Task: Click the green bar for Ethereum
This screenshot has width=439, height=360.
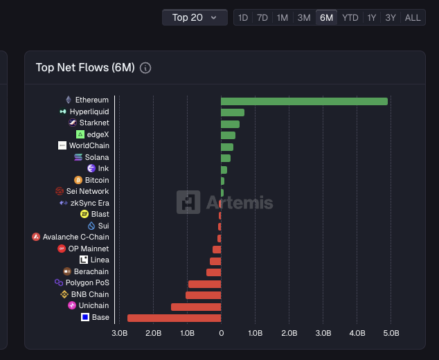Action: (x=304, y=101)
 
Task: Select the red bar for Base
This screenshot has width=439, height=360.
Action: (x=174, y=318)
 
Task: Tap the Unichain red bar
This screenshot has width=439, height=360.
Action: (x=196, y=307)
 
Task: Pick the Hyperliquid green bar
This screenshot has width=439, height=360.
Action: (x=233, y=112)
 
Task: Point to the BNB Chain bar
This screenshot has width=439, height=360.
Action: (x=203, y=295)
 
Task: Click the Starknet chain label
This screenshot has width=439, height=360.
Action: (x=94, y=123)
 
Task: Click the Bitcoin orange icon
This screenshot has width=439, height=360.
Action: (x=78, y=180)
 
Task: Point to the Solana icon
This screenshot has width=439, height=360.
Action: (x=78, y=158)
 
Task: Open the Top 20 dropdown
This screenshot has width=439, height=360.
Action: (x=195, y=17)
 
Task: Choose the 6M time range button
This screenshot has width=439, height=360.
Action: (x=326, y=17)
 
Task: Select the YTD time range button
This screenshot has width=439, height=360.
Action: (x=350, y=17)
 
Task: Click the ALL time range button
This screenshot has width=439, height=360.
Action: (x=413, y=17)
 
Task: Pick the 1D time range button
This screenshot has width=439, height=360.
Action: (x=243, y=17)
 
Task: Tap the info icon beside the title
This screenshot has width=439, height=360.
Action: (x=145, y=68)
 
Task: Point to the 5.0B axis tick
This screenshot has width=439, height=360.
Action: (x=391, y=334)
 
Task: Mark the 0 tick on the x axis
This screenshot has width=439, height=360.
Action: (x=221, y=334)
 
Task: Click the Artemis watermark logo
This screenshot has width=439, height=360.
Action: (x=188, y=202)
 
